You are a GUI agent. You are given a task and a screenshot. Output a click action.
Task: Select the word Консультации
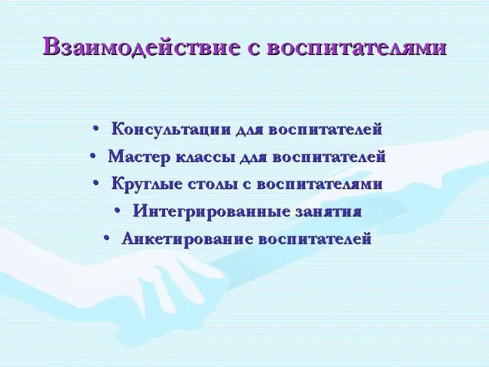click(171, 129)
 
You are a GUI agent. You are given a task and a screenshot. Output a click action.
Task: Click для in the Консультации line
click(249, 130)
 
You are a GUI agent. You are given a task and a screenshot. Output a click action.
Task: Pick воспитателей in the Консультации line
click(325, 130)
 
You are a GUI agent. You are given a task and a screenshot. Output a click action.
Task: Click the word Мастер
click(139, 157)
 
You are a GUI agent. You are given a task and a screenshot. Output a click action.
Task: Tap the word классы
click(205, 157)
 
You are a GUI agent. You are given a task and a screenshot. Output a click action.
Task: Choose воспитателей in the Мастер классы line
click(329, 157)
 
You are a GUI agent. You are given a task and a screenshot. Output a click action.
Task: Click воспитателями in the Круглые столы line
click(320, 185)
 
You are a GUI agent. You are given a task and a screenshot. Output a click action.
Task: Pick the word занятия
click(328, 212)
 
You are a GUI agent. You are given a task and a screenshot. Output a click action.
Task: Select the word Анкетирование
click(187, 239)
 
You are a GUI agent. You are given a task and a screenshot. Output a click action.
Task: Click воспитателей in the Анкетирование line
click(315, 239)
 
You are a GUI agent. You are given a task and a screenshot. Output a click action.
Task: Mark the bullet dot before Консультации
click(96, 128)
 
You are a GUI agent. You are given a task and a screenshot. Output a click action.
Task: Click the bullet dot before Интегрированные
click(117, 210)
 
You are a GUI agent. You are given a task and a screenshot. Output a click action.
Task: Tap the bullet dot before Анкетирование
click(106, 238)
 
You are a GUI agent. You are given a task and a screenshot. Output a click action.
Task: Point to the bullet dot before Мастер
click(93, 155)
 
